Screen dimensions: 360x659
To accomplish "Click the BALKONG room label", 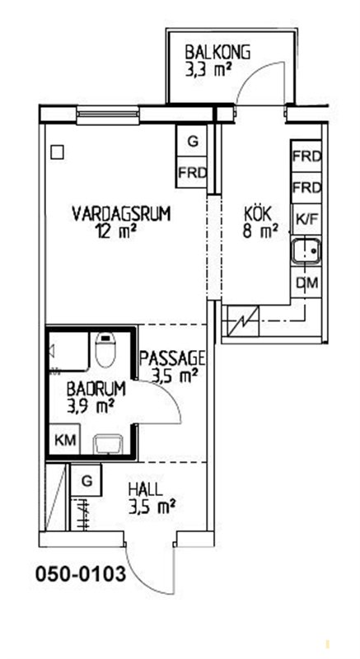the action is (218, 53).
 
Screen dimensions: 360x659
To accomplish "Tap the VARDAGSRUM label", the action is (121, 213).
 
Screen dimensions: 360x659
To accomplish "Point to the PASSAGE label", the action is (172, 358).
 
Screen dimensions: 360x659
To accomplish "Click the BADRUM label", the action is (96, 389).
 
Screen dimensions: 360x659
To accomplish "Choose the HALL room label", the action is (145, 489).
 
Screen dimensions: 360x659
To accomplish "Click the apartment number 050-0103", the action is (80, 574).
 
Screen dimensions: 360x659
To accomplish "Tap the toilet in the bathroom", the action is (105, 349).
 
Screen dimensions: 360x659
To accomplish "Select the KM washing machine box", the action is (65, 440).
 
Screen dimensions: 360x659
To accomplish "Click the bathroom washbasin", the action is (109, 445).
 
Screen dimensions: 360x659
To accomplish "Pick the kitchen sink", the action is (306, 251).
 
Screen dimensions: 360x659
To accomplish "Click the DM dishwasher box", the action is (306, 282).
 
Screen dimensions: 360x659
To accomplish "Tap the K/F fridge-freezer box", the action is (306, 219).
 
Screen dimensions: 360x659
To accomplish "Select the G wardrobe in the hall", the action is (86, 481).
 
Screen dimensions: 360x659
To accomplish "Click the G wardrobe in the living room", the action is (192, 141).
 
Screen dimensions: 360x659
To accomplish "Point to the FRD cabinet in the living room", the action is (192, 172).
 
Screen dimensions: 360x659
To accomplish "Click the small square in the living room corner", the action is (57, 152).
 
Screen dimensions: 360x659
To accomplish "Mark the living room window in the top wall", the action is (108, 115).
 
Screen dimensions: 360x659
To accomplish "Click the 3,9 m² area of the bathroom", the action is (91, 406).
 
